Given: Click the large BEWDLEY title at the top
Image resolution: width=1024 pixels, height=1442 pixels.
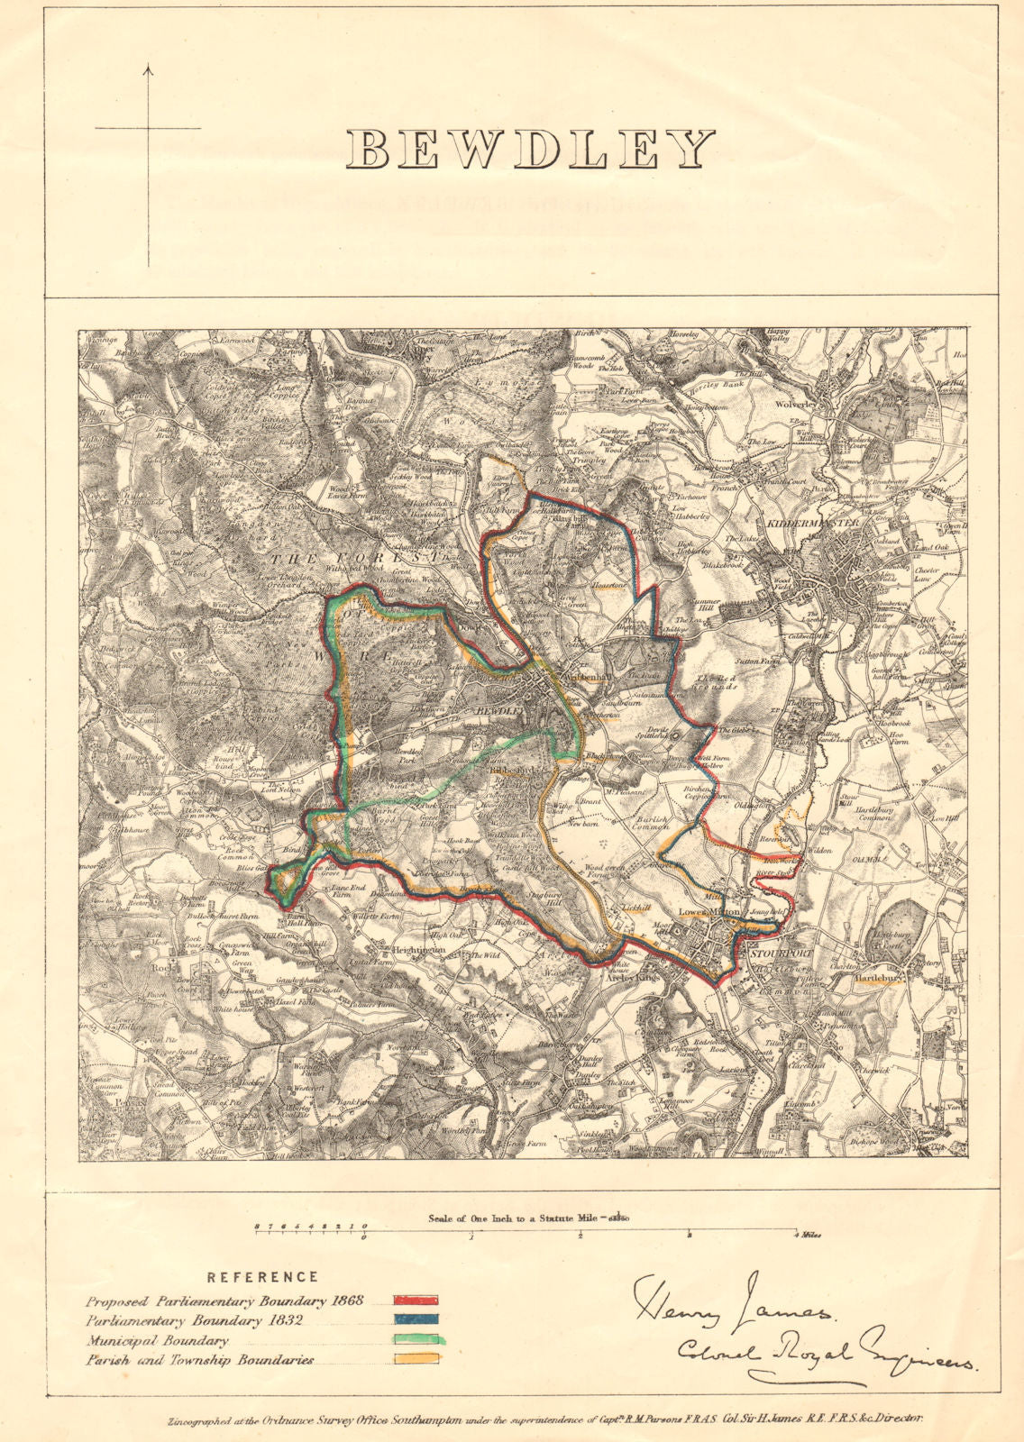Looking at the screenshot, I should click(x=531, y=150).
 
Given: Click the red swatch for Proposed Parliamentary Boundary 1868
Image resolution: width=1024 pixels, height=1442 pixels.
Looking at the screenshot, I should click(x=416, y=1301).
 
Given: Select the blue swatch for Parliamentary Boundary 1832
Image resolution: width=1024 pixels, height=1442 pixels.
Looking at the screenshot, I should click(x=416, y=1320).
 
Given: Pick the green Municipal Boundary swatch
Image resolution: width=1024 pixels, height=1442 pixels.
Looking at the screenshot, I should click(x=416, y=1340).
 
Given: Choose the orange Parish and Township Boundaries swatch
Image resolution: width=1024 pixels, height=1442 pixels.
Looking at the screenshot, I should click(x=416, y=1360).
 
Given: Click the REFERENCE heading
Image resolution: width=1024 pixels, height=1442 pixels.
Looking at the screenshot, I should click(x=262, y=1277).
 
